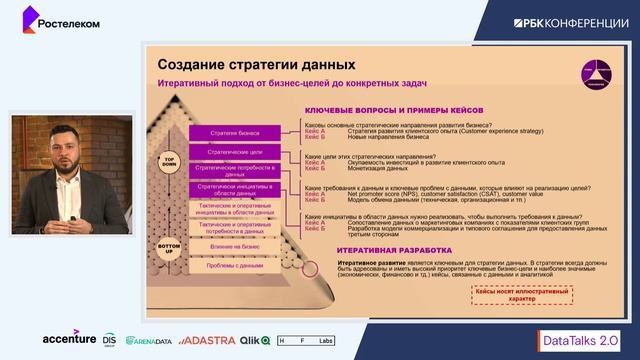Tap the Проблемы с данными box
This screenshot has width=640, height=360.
pos(237,266)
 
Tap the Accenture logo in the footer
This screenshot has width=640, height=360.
pos(69,338)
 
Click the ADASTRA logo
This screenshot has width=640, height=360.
pos(209,340)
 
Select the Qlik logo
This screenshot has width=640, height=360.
pos(255,340)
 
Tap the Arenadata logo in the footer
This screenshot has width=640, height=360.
pos(151,340)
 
